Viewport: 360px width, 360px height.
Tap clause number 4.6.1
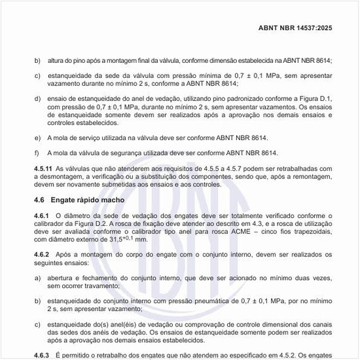click(x=41, y=215)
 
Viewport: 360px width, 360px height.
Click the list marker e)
click(x=37, y=138)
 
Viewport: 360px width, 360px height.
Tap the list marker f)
click(x=37, y=152)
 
